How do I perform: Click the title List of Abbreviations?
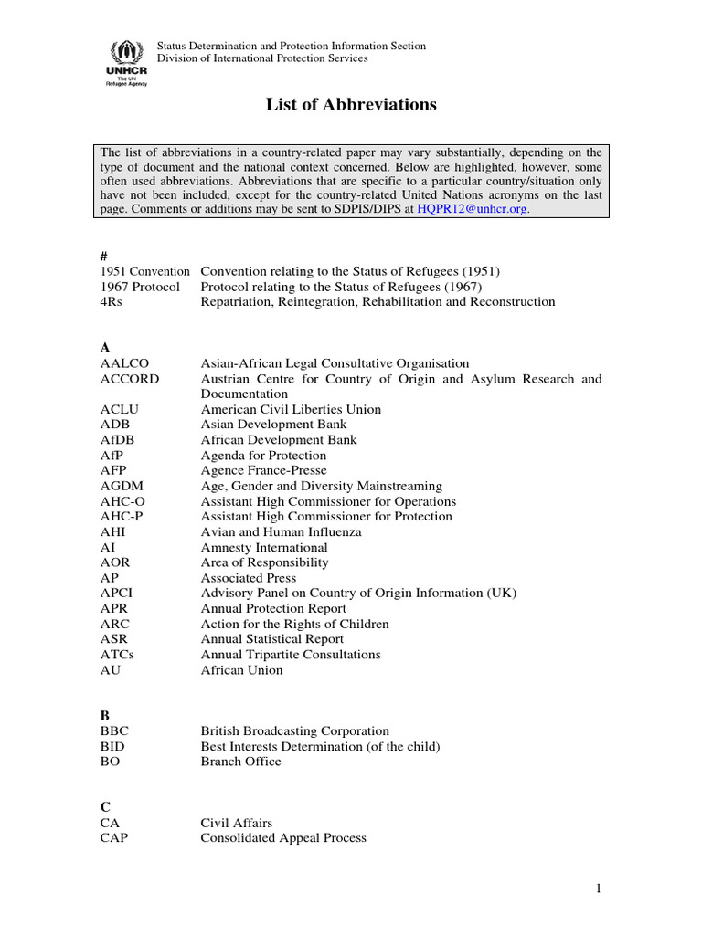coord(351,105)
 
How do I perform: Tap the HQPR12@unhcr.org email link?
coord(472,209)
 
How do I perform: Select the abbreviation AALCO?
coord(122,363)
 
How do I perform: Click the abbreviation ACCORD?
coord(129,379)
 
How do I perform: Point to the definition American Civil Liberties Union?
coord(291,409)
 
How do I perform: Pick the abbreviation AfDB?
coord(119,440)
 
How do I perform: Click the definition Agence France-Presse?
coord(263,470)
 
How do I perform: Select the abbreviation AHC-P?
coord(122,517)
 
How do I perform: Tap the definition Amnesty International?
coord(264,547)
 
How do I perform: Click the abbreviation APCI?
coord(117,594)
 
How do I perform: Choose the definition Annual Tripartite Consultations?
coord(291,655)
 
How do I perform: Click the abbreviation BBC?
coord(114,731)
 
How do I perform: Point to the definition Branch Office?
coord(241,762)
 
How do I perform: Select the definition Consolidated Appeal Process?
coord(283,838)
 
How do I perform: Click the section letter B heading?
coord(105,716)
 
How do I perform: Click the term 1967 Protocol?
coord(140,287)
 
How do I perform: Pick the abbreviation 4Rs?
coord(112,301)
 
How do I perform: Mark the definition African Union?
coord(242,670)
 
